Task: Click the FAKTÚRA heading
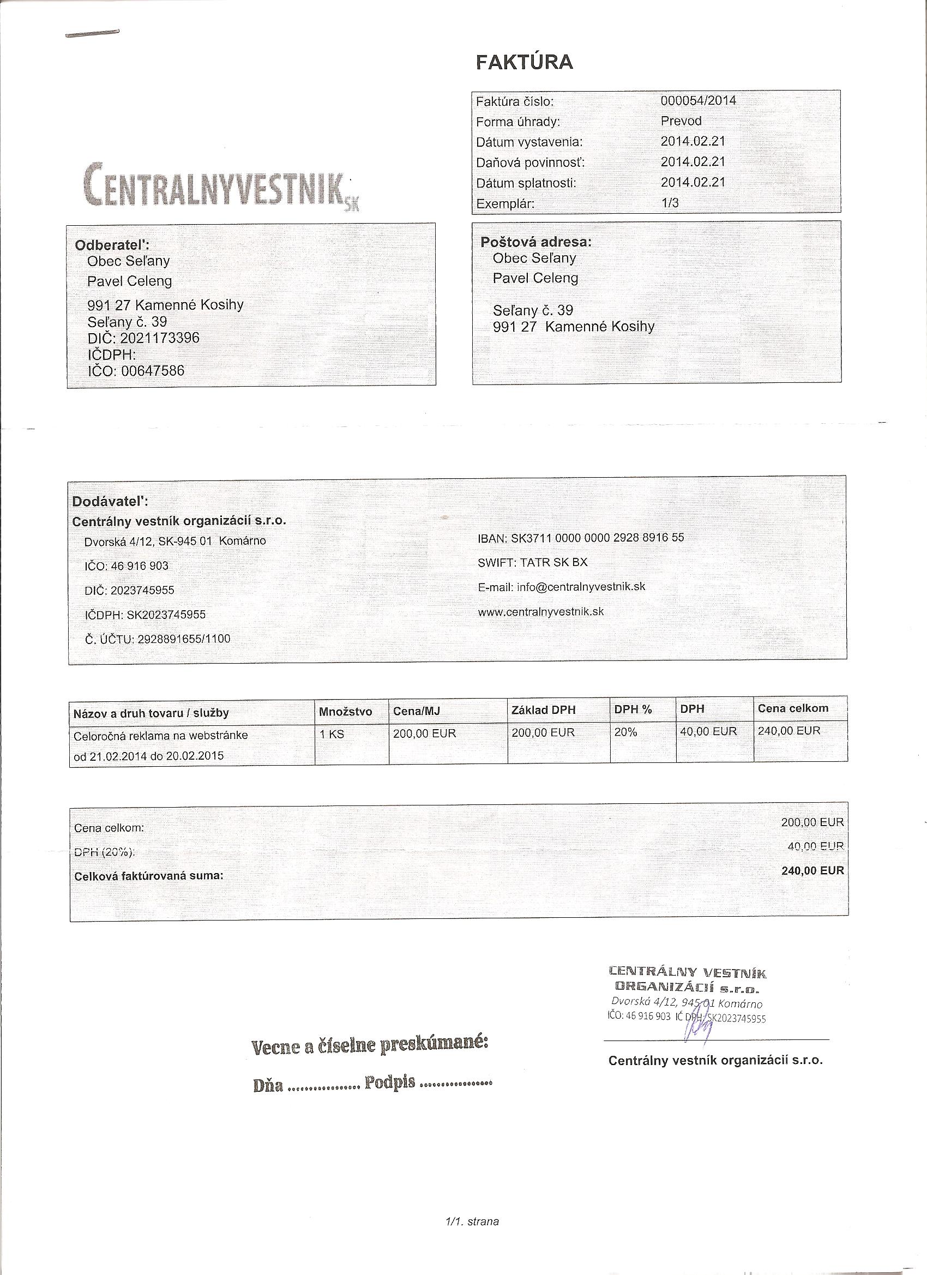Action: (524, 62)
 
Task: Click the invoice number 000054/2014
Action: (698, 101)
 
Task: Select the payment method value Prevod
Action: (681, 121)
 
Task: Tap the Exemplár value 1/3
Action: (670, 203)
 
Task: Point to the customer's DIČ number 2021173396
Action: (160, 338)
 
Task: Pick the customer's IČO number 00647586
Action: (152, 370)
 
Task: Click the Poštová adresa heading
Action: (535, 242)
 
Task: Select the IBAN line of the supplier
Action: (581, 538)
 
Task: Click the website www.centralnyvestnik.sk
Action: (541, 611)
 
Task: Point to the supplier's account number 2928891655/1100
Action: (183, 639)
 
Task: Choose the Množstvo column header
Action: (345, 712)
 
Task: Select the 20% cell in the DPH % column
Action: (625, 732)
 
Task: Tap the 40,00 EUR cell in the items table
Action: (708, 731)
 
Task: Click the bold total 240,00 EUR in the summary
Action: (812, 870)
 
